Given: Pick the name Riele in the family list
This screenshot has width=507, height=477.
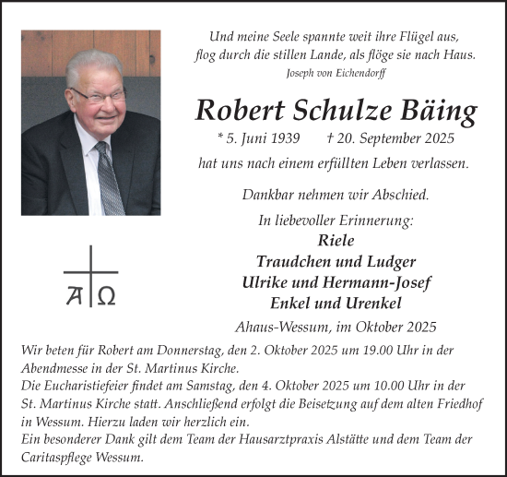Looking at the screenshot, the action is (x=335, y=240).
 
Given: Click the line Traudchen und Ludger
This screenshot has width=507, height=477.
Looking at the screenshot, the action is (x=335, y=261).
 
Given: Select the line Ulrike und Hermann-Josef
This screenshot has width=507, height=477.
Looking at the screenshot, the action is (x=335, y=282).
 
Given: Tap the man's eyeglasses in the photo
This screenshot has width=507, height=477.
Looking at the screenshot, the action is (x=100, y=95).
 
